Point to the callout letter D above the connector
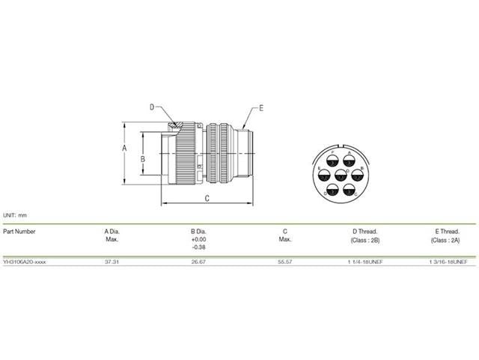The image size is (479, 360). click(150, 107)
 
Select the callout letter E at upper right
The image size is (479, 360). click(261, 109)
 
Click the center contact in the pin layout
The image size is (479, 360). click(341, 176)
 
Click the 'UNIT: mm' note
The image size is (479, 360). click(16, 214)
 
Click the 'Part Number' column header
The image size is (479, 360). click(19, 231)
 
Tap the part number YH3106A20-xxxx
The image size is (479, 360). click(25, 262)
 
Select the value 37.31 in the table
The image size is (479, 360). click(112, 262)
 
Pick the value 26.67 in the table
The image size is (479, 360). click(198, 262)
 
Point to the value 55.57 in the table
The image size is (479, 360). click(285, 262)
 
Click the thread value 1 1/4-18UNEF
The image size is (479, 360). click(365, 262)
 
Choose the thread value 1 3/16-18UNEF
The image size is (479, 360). click(448, 262)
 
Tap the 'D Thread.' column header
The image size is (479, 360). click(365, 231)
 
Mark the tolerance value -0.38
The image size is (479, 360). click(198, 246)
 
